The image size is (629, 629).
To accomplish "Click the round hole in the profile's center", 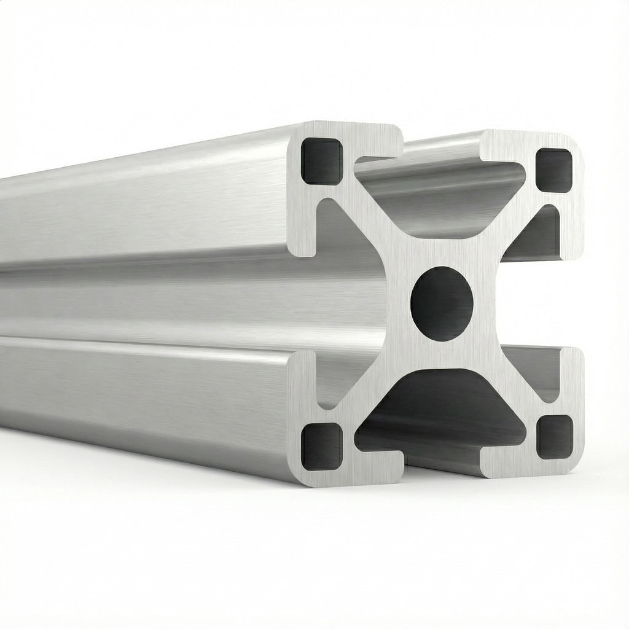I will click(442, 303).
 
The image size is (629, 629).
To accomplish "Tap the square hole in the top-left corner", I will click(322, 161).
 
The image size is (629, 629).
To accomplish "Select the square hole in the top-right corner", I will click(554, 170).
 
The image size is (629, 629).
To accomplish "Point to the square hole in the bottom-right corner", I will click(554, 437).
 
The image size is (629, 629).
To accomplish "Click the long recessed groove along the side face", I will click(184, 301).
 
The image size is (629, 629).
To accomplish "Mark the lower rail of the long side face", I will click(154, 393).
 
